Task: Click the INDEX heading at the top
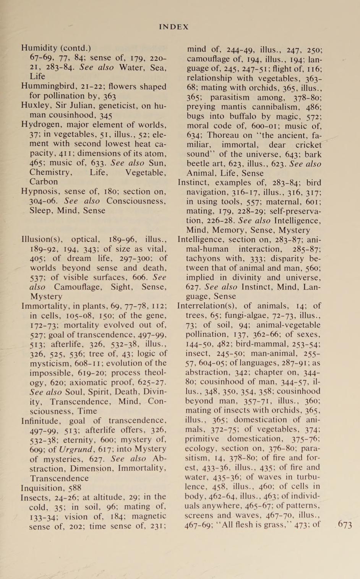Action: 174,27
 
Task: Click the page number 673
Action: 345,525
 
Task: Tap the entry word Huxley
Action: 34,106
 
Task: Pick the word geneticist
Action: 118,106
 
